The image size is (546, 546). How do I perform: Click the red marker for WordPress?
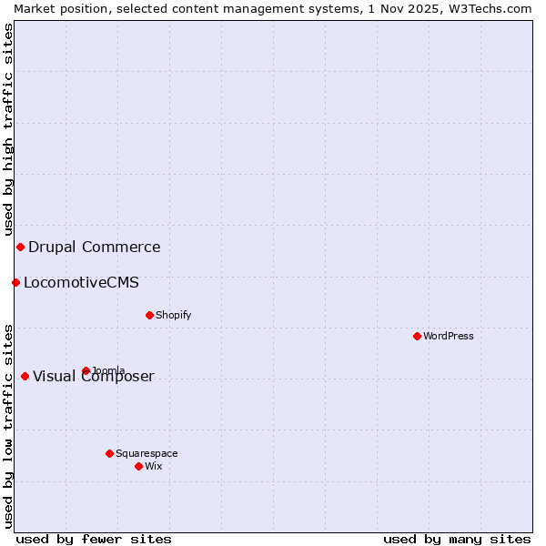click(x=417, y=336)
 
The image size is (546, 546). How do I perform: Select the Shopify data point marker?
click(x=149, y=315)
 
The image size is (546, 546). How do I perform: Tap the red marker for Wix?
click(x=138, y=466)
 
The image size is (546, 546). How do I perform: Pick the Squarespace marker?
click(x=109, y=453)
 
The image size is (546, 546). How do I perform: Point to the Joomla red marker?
click(x=86, y=370)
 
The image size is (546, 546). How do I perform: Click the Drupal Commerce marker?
click(x=20, y=247)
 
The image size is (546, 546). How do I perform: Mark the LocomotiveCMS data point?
click(x=15, y=282)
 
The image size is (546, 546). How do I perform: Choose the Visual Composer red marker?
click(x=25, y=376)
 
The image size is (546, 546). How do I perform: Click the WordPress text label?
click(x=449, y=336)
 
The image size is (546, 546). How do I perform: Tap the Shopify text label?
click(x=174, y=315)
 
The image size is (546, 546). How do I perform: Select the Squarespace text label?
click(x=147, y=453)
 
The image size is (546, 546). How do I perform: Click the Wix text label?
click(x=154, y=466)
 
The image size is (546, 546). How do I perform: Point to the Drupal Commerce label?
click(x=95, y=247)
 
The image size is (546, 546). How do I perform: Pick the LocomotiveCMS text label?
click(x=82, y=282)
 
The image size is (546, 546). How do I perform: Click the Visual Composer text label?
click(x=94, y=377)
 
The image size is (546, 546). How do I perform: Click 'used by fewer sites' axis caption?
click(x=94, y=539)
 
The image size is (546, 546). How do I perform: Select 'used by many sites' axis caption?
click(x=457, y=539)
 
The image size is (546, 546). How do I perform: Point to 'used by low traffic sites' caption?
click(x=8, y=426)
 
